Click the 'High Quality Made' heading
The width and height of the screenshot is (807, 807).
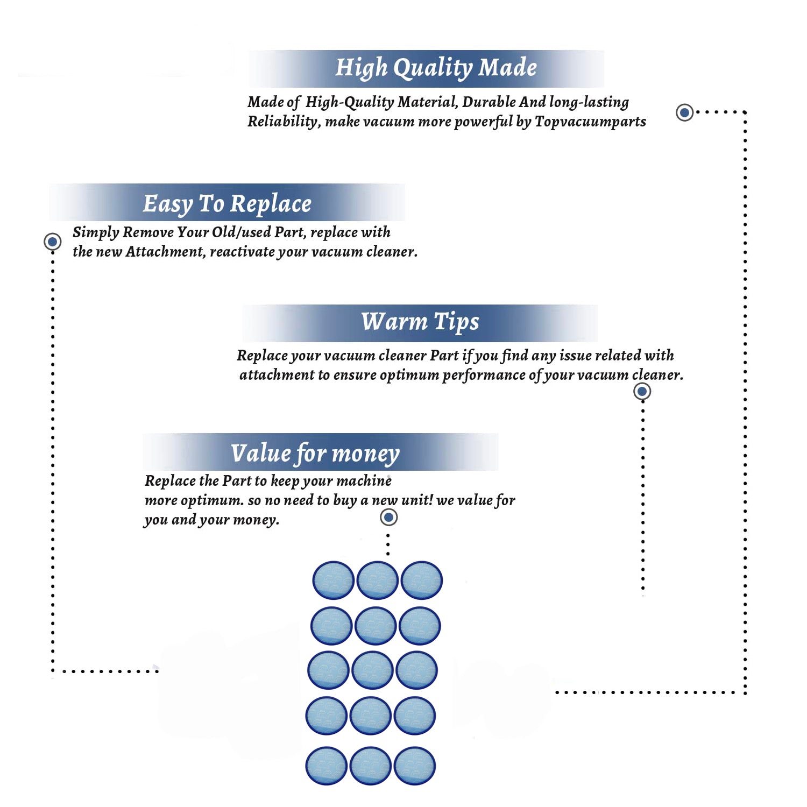click(x=436, y=68)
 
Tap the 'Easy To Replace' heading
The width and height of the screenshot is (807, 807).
click(x=227, y=203)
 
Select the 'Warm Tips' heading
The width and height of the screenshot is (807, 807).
click(x=420, y=322)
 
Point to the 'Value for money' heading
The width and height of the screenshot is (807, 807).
click(x=315, y=453)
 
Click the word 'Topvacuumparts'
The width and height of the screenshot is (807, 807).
click(x=590, y=122)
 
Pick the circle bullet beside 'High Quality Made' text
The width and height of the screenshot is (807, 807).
click(x=684, y=112)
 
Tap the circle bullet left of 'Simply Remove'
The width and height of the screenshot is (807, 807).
click(x=52, y=242)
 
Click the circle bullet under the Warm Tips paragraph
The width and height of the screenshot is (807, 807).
click(x=642, y=391)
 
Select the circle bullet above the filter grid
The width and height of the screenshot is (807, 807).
click(x=388, y=518)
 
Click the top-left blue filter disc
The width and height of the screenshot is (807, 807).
click(x=334, y=580)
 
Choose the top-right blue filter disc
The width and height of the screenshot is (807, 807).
click(x=422, y=580)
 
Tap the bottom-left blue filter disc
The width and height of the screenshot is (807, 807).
click(x=326, y=766)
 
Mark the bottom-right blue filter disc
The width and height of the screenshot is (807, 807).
click(x=414, y=766)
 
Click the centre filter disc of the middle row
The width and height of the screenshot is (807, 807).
click(x=372, y=670)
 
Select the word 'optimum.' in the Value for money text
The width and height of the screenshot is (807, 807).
click(x=212, y=500)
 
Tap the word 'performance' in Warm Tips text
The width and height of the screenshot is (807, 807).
click(x=484, y=375)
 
